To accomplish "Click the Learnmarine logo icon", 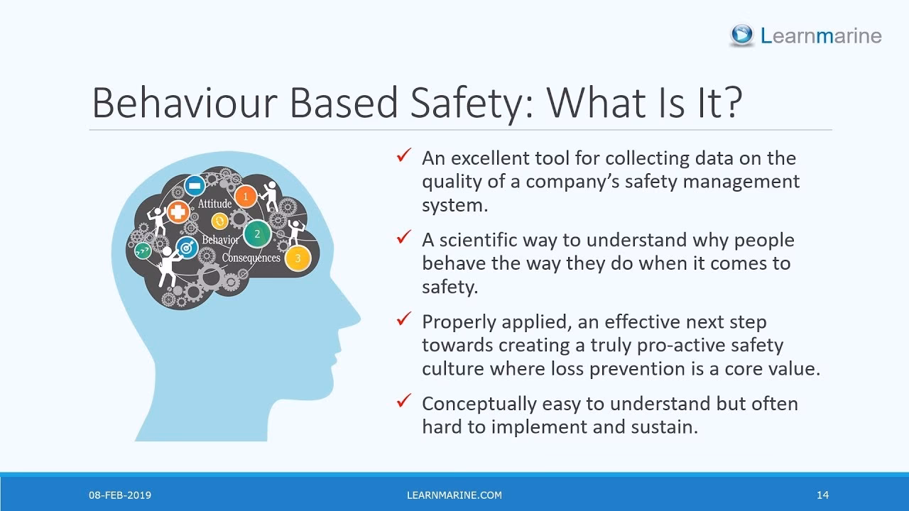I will pyautogui.click(x=742, y=35).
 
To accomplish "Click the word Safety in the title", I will pyautogui.click(x=464, y=103).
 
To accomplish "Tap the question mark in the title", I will pyautogui.click(x=731, y=103).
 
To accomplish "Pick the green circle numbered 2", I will pyautogui.click(x=257, y=233).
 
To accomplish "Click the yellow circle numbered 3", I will pyautogui.click(x=298, y=258).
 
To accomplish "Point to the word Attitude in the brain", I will pyautogui.click(x=214, y=204).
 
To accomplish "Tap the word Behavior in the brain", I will pyautogui.click(x=220, y=240).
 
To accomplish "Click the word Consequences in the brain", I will pyautogui.click(x=251, y=258).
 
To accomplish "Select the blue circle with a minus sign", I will pyautogui.click(x=195, y=186).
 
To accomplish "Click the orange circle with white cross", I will pyautogui.click(x=178, y=211).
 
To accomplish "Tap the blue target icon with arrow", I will pyautogui.click(x=187, y=248).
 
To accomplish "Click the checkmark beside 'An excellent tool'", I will pyautogui.click(x=404, y=155).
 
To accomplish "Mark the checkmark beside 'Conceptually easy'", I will pyautogui.click(x=404, y=401).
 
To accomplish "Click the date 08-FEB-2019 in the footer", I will pyautogui.click(x=120, y=495).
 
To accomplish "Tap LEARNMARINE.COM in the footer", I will pyautogui.click(x=454, y=495).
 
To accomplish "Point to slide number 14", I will pyautogui.click(x=822, y=495).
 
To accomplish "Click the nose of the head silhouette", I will pyautogui.click(x=355, y=316).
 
